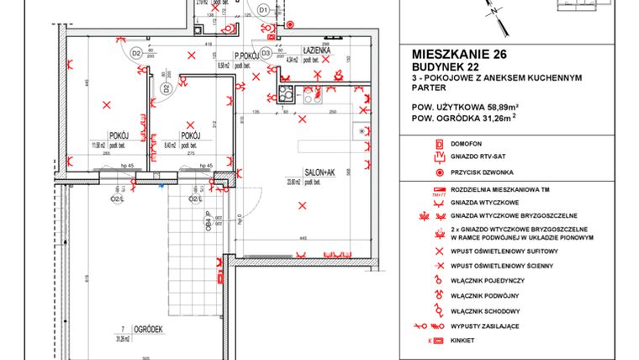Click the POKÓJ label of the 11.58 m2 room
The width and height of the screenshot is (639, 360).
click(117, 135)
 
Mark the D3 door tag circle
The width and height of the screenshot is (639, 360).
click(266, 53)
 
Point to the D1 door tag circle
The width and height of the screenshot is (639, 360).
click(262, 10)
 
